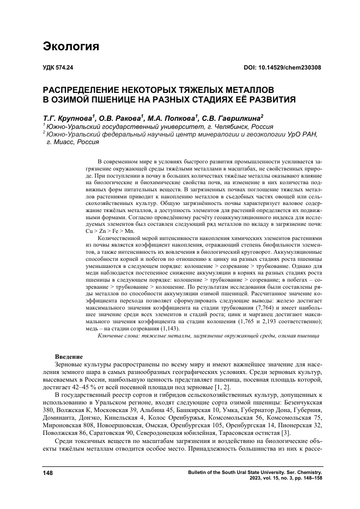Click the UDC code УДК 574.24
tap(58, 68)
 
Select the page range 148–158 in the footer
tap(309, 478)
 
